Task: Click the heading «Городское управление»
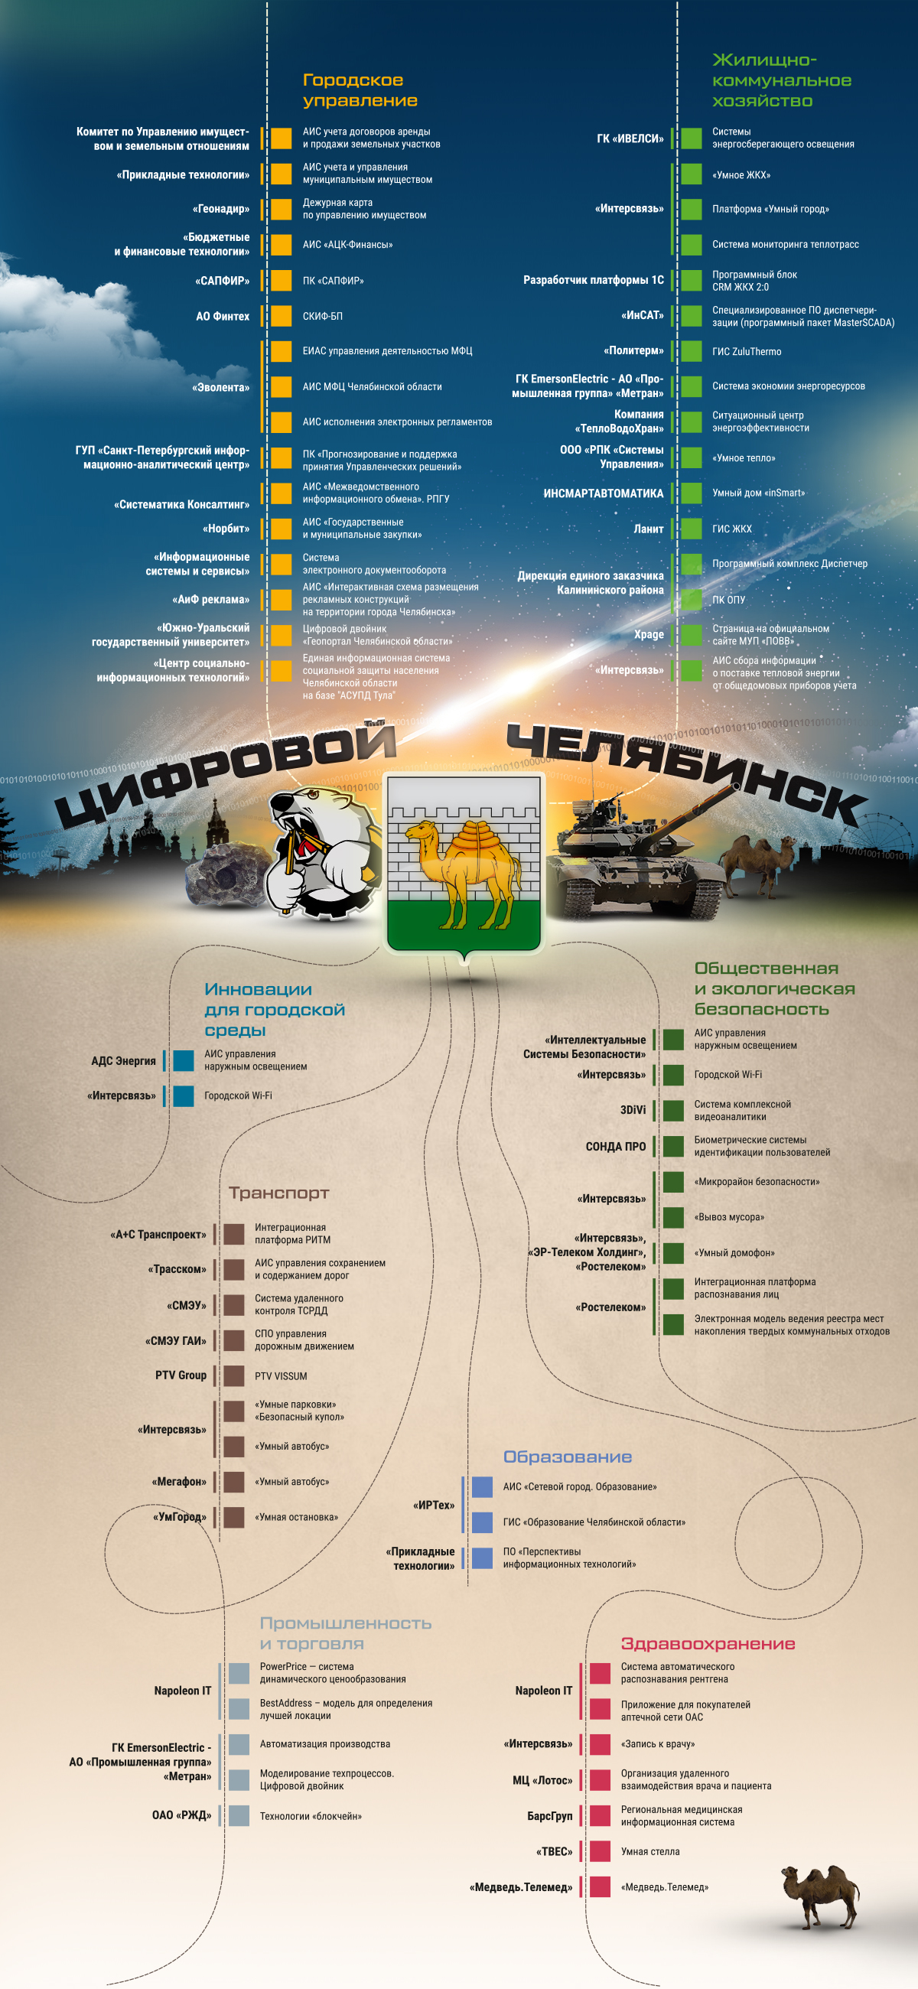click(360, 90)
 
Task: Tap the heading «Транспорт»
click(278, 1193)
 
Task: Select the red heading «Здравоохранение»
click(708, 1643)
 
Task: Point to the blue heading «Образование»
click(568, 1457)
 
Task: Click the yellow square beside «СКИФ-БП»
click(281, 316)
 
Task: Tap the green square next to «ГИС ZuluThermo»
click(691, 351)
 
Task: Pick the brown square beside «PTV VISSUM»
click(234, 1376)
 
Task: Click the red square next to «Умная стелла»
click(600, 1851)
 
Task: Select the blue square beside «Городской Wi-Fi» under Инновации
click(184, 1095)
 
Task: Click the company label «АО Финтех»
click(223, 317)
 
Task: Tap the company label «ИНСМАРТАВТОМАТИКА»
click(603, 493)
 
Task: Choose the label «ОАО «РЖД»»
click(181, 1815)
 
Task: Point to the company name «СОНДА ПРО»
click(615, 1147)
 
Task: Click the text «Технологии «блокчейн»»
click(311, 1816)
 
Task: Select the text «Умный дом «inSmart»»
click(758, 493)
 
